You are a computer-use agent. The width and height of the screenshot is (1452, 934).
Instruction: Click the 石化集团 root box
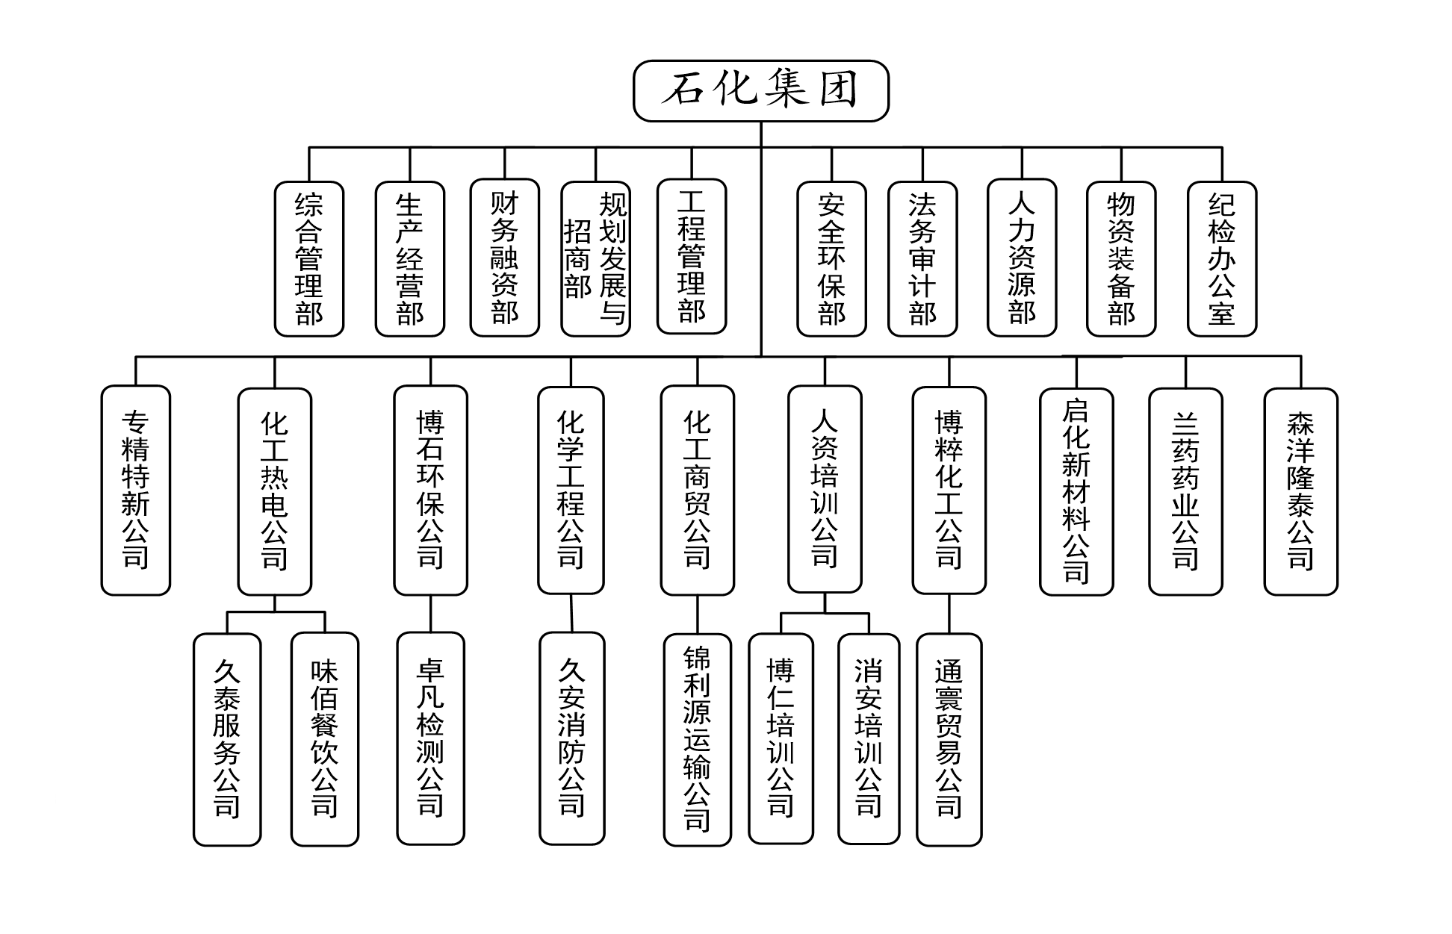(760, 90)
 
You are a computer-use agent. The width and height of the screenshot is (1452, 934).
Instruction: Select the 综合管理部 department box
(309, 258)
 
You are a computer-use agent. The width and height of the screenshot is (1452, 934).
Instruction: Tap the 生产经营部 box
(409, 258)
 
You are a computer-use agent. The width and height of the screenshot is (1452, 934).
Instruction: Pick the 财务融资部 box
(505, 258)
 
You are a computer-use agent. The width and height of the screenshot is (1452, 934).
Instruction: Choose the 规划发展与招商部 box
(595, 258)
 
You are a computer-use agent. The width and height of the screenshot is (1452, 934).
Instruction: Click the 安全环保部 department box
(831, 258)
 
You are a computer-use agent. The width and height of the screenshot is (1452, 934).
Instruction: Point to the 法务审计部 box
(922, 258)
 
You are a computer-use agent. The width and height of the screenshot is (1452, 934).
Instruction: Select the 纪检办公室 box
(1222, 258)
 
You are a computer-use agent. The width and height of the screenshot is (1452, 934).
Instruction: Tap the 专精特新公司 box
(136, 490)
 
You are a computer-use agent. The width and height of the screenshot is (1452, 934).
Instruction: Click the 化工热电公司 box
(274, 491)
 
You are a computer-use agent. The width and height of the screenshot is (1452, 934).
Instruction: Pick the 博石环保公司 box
(430, 490)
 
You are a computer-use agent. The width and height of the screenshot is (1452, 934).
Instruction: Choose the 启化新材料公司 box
(1076, 491)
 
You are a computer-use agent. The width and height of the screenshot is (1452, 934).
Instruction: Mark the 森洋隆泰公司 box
(1300, 491)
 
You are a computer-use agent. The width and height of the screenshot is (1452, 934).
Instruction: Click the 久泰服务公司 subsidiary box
(227, 739)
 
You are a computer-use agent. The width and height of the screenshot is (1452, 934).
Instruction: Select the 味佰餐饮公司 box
(325, 739)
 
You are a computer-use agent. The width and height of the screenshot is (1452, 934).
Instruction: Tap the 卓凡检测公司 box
(430, 738)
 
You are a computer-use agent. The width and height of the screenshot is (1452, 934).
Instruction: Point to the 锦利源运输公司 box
(697, 739)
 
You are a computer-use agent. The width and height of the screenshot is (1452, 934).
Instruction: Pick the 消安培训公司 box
(869, 738)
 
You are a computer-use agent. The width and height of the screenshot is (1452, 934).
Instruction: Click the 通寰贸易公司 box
(949, 739)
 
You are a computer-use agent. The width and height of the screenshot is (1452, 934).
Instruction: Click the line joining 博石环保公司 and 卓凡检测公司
(430, 614)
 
